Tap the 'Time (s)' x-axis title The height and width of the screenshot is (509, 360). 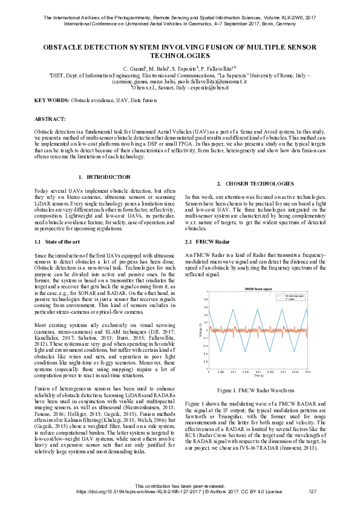click(x=258, y=376)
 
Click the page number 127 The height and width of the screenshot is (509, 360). click(x=313, y=492)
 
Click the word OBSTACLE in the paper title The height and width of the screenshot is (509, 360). click(x=65, y=47)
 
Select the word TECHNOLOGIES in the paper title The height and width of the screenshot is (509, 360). click(x=180, y=55)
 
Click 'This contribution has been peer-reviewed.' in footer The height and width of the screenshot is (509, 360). click(x=180, y=487)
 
